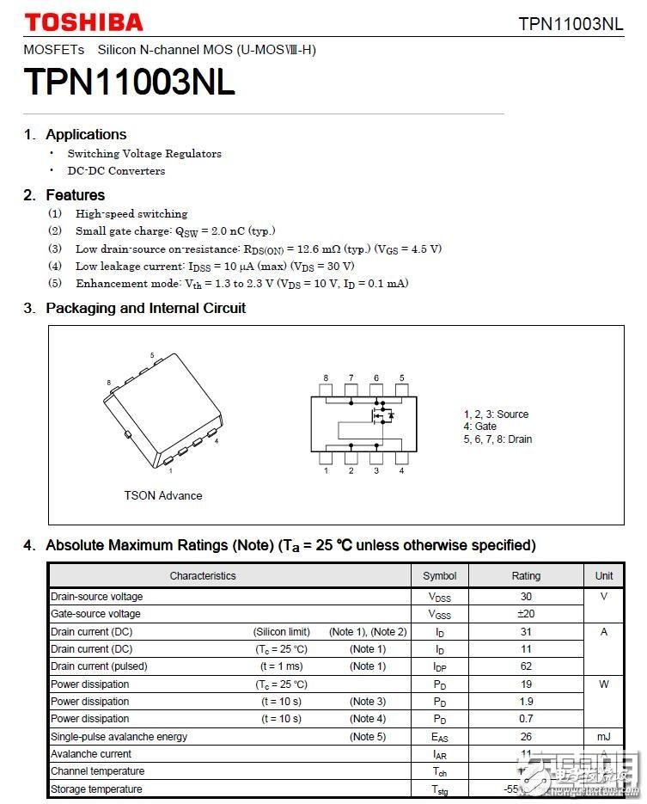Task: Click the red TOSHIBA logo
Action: [x=83, y=21]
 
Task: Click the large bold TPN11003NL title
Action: [x=130, y=83]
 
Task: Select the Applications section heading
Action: [x=86, y=134]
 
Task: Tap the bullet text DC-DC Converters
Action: [x=116, y=170]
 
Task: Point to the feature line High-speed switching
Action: [x=131, y=213]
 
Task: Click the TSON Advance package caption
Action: [x=163, y=495]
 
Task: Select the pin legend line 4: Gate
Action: [x=480, y=427]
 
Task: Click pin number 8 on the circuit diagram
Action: [x=326, y=378]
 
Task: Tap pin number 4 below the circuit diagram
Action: [x=401, y=470]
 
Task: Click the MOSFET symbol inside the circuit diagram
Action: [x=380, y=416]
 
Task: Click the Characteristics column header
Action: [x=203, y=575]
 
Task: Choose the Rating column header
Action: [x=526, y=575]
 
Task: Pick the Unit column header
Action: [x=604, y=575]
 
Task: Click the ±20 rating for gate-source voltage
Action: [x=526, y=614]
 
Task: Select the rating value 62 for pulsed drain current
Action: [x=526, y=666]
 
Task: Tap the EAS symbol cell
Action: [x=440, y=737]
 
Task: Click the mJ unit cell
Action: [x=604, y=737]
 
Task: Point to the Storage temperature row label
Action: [x=96, y=789]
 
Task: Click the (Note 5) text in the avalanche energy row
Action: [x=368, y=737]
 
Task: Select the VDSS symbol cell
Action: [x=440, y=597]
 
